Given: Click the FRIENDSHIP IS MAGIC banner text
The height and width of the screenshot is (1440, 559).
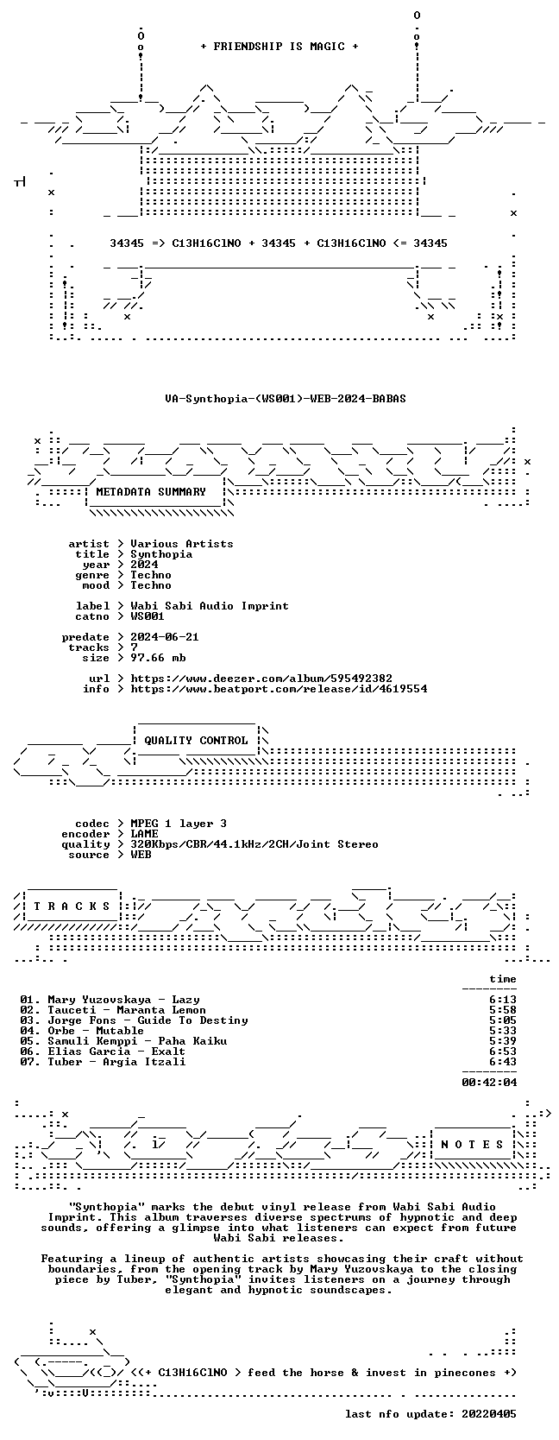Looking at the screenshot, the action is [279, 47].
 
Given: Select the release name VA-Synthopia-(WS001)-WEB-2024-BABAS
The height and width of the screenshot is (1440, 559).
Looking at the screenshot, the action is [286, 399].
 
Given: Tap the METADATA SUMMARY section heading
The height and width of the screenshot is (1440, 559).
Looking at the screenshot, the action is [151, 492].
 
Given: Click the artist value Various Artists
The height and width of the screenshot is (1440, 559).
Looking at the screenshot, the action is [182, 544].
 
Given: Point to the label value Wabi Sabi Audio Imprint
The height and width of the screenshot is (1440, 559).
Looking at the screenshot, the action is [210, 606].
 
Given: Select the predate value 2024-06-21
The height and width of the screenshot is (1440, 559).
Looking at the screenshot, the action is [165, 637].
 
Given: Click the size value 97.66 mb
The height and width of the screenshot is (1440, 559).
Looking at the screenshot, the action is [158, 658].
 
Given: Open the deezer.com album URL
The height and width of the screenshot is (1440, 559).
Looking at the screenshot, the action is [261, 679].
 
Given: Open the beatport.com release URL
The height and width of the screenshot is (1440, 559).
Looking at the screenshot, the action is [279, 689].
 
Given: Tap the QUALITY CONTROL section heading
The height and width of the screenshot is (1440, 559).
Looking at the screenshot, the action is [196, 741].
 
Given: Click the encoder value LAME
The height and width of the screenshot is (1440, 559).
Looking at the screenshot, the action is [144, 834].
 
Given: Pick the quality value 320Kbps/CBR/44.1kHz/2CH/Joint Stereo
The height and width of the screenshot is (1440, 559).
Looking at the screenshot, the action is [254, 844].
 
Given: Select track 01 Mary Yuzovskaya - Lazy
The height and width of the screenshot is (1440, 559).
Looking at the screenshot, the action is [110, 1000].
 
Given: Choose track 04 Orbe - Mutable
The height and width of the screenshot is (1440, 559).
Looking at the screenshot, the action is [82, 1031].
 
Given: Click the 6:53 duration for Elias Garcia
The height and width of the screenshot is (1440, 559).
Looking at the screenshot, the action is [502, 1052].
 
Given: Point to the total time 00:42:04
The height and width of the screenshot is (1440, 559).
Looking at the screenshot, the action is [489, 1083].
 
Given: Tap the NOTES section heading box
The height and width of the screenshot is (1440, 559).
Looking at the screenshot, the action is [472, 1144].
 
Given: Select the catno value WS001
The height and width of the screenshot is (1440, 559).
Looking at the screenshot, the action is [148, 616].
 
